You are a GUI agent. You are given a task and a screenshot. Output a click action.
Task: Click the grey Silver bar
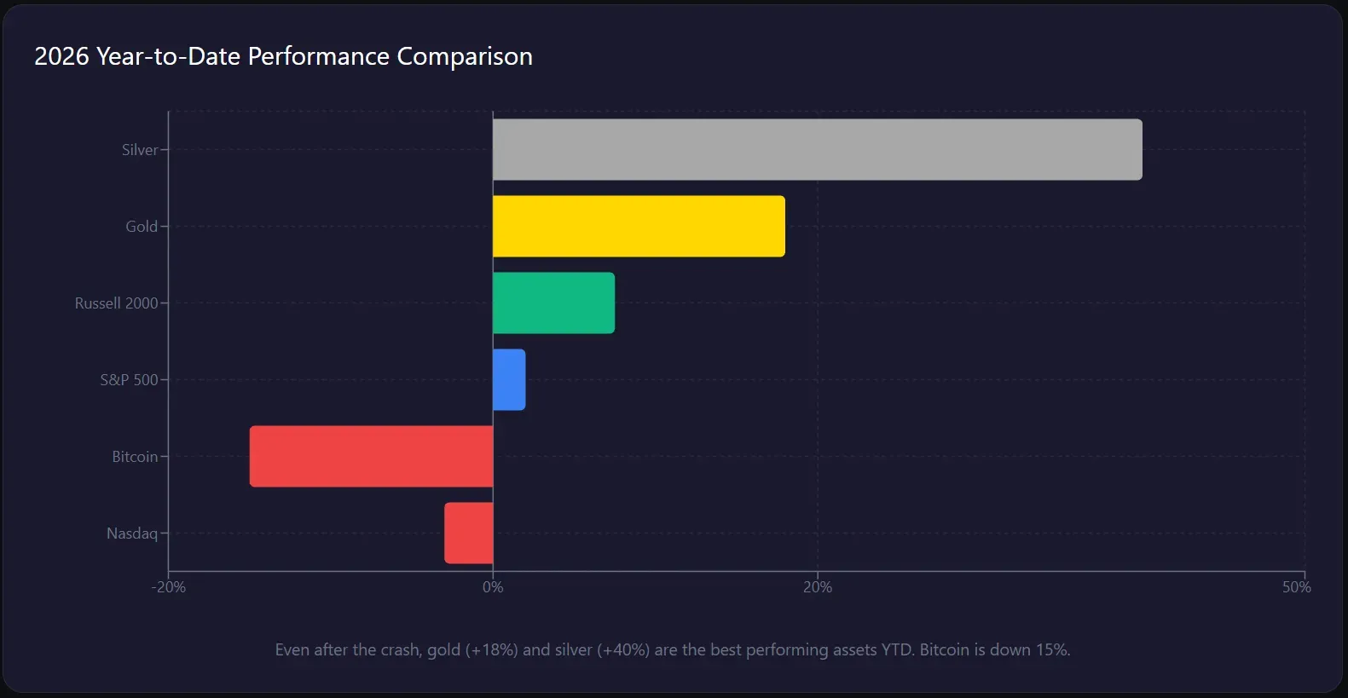(x=817, y=149)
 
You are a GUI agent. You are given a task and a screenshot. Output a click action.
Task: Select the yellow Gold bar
(x=639, y=226)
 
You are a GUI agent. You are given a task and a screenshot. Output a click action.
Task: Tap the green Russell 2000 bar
(x=553, y=303)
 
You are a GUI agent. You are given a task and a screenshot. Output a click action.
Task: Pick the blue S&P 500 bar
(x=509, y=379)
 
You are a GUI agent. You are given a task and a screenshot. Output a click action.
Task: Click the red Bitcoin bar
(x=371, y=456)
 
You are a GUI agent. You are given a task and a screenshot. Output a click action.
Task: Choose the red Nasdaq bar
(x=468, y=533)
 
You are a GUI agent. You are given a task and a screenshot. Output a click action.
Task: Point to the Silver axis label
(x=140, y=150)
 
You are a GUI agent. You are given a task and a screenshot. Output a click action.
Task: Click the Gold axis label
(x=142, y=227)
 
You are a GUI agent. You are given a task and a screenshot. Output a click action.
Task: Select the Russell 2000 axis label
(x=116, y=303)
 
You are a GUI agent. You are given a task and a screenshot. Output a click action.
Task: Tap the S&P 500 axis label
(x=129, y=380)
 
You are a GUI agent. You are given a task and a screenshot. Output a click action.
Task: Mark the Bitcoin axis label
(x=135, y=457)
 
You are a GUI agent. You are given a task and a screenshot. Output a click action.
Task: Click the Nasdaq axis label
(x=132, y=534)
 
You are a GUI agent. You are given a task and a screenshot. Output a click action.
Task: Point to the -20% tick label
(x=169, y=587)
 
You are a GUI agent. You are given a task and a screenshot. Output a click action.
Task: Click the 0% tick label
(x=493, y=587)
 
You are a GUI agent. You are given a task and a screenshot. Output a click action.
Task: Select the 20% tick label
(x=817, y=587)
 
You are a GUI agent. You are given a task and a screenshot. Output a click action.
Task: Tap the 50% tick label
(x=1296, y=587)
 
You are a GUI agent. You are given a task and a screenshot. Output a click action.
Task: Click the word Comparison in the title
(x=465, y=56)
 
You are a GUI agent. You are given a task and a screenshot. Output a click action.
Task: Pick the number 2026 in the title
(x=61, y=56)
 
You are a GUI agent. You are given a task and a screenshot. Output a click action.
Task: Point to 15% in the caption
(x=1052, y=649)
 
